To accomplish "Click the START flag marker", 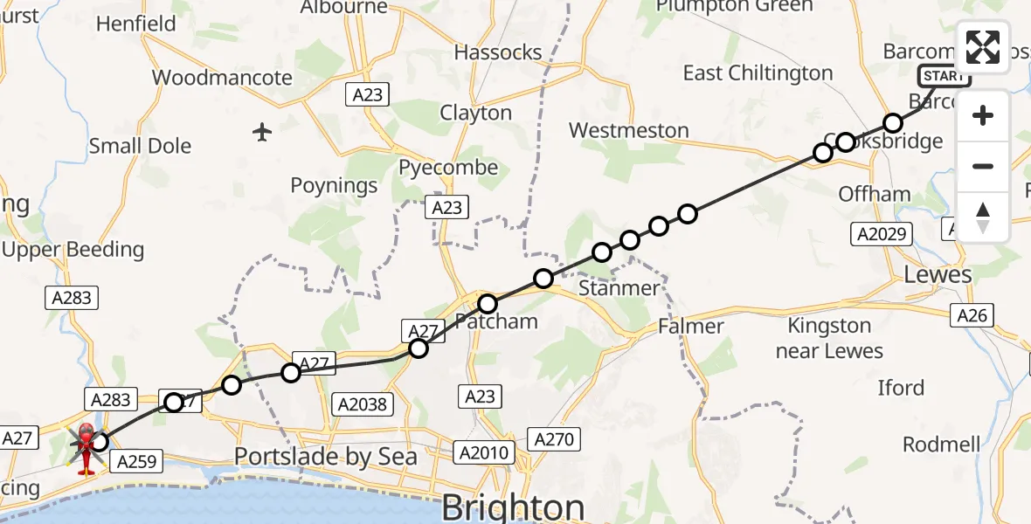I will click(944, 76).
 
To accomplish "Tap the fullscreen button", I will click(983, 47).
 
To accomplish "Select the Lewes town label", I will click(938, 274).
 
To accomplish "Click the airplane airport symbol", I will click(262, 132).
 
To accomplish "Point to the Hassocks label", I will click(498, 52).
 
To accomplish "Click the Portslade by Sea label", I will click(326, 457).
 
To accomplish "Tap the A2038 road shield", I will click(364, 404).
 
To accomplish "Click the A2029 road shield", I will click(882, 234).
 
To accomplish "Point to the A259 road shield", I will click(135, 462).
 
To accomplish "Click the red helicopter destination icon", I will click(87, 447).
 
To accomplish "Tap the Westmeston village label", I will click(628, 131).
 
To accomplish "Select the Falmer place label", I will click(692, 327).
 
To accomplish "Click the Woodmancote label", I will click(222, 78).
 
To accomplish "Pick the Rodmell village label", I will click(941, 444).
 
